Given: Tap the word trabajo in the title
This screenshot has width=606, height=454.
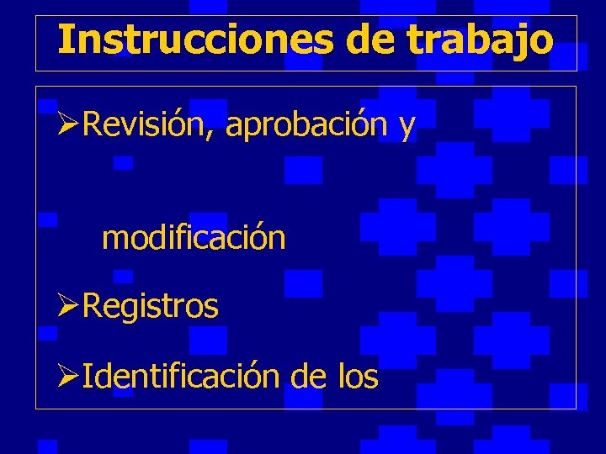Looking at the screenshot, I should (481, 39).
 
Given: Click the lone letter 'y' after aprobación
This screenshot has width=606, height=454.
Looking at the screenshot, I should (407, 128).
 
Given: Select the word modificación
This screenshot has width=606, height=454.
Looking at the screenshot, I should (194, 239).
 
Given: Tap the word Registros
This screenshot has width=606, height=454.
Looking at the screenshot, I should (151, 307).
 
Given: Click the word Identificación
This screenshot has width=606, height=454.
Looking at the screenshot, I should (181, 376).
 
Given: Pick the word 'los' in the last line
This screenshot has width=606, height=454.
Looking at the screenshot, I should (357, 376).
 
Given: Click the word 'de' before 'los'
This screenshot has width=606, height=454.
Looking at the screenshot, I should (306, 376).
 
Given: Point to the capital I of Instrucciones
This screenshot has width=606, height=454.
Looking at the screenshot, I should (66, 39).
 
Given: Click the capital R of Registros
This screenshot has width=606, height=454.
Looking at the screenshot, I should (92, 307).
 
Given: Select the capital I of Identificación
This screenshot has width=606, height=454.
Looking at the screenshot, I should (88, 376).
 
